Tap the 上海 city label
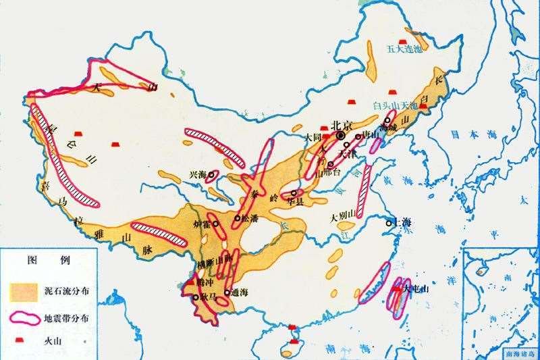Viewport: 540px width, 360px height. (x=402, y=223)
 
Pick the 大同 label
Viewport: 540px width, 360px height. (x=313, y=136)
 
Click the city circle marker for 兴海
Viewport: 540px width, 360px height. (x=211, y=174)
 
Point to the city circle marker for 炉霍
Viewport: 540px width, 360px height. (x=215, y=223)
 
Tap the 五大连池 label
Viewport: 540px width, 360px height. (x=403, y=49)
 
